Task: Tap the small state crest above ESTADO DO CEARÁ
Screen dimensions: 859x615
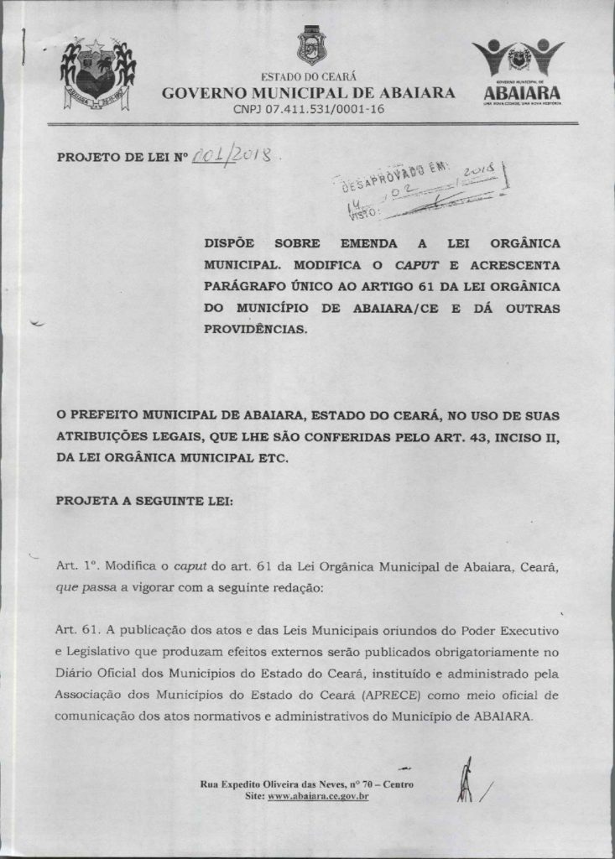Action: click(x=310, y=44)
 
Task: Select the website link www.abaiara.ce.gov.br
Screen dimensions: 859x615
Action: click(x=318, y=795)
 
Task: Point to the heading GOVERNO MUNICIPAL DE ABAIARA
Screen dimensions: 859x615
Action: click(x=309, y=92)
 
